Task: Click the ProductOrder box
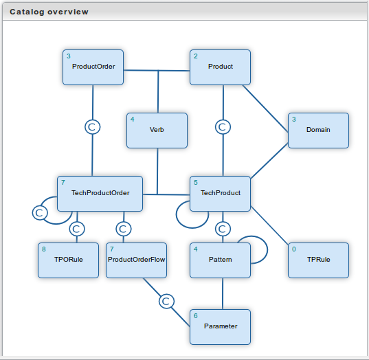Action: (93, 67)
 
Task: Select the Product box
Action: (221, 67)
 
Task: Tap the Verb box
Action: (157, 131)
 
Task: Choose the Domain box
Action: (318, 131)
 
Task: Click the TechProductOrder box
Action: (100, 194)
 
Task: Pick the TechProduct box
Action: (221, 194)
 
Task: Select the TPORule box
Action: (68, 260)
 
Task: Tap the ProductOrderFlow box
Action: (137, 260)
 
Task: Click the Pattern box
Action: (221, 260)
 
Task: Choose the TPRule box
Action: (318, 260)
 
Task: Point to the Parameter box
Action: (221, 327)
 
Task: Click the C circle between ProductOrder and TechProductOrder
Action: (93, 127)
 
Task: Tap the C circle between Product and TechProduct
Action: (223, 127)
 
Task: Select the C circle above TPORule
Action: (77, 229)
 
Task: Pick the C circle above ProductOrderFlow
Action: (124, 229)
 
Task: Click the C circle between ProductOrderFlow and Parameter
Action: (166, 301)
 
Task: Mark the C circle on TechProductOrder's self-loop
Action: (40, 213)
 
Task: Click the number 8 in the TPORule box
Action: (44, 249)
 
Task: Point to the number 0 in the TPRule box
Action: (294, 249)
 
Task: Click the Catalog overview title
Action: (49, 12)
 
